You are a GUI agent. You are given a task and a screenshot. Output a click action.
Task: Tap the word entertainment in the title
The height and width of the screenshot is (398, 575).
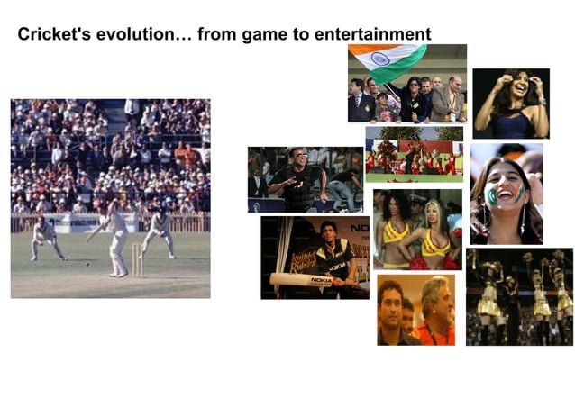click(x=371, y=35)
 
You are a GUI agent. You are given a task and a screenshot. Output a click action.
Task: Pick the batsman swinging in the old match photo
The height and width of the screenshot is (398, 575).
click(x=116, y=230)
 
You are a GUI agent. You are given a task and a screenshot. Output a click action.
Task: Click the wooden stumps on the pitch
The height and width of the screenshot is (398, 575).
click(x=137, y=258)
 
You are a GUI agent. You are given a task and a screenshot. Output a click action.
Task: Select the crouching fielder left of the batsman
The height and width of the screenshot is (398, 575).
click(x=46, y=237)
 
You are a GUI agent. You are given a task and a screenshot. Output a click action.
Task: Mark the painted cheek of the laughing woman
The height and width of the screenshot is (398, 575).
click(x=493, y=194)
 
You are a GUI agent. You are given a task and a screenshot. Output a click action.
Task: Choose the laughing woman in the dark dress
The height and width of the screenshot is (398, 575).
click(x=509, y=102)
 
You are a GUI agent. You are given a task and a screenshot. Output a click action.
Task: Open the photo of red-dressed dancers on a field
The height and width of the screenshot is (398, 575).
click(x=414, y=155)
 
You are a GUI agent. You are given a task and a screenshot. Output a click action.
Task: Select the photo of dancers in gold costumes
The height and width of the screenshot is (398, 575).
click(x=519, y=296)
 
